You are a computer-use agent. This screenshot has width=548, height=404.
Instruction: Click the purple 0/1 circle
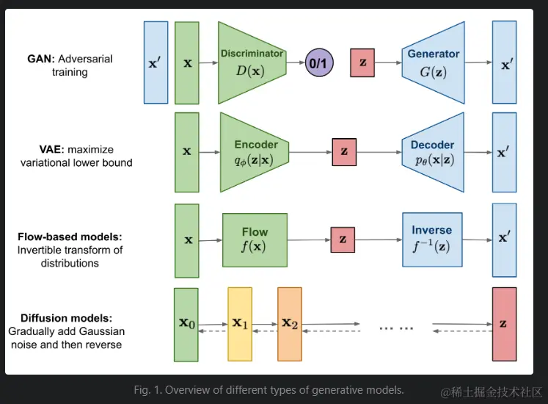click(320, 63)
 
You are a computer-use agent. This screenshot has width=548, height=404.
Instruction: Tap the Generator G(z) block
click(433, 63)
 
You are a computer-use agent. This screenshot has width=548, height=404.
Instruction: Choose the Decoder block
click(433, 152)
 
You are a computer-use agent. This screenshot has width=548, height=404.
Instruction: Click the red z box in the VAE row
click(343, 151)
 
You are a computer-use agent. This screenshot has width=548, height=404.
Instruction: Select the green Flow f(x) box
click(255, 239)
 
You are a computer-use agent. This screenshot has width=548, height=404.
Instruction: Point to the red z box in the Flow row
click(343, 239)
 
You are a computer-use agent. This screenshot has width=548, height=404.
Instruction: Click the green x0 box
click(186, 325)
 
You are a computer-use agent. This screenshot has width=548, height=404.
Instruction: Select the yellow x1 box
click(240, 324)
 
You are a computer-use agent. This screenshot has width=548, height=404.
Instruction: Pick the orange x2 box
click(289, 324)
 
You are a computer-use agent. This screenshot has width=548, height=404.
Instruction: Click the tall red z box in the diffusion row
click(504, 324)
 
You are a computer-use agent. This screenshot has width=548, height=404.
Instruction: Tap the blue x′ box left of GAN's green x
click(156, 62)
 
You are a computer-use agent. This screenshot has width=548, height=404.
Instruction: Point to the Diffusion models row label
click(66, 331)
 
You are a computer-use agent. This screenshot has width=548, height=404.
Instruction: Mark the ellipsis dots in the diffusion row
click(396, 327)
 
